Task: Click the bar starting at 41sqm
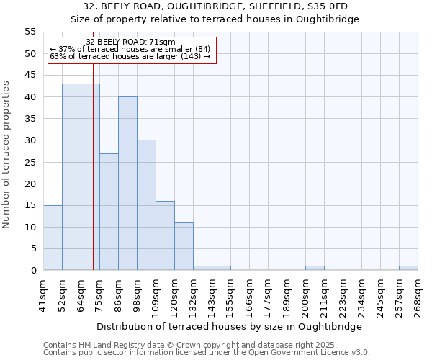click(x=53, y=238)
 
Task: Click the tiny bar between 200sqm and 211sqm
click(x=315, y=268)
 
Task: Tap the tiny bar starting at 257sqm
click(x=408, y=268)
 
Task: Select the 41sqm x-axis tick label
click(x=44, y=294)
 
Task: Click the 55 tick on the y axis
click(x=30, y=32)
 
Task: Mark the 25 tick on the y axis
click(x=30, y=162)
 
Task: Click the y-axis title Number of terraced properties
click(x=7, y=154)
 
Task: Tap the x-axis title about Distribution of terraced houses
click(x=229, y=326)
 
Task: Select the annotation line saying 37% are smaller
click(x=130, y=49)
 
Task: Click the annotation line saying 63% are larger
click(x=130, y=56)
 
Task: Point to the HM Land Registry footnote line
click(x=190, y=345)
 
